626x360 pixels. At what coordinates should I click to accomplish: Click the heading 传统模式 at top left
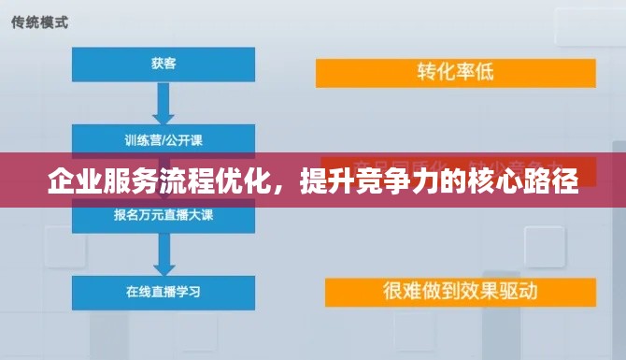pos(39,22)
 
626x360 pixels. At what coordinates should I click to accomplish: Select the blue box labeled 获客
pos(164,64)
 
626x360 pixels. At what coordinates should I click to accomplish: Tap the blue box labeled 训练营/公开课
pos(164,140)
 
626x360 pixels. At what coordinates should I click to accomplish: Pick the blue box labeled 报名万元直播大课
pos(164,214)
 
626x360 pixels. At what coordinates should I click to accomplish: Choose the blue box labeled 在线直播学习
pos(164,291)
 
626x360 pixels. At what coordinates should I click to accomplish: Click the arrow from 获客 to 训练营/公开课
pos(164,102)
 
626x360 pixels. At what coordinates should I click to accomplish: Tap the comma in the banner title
pos(286,182)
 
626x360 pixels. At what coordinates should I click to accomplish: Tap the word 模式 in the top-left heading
pos(54,22)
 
